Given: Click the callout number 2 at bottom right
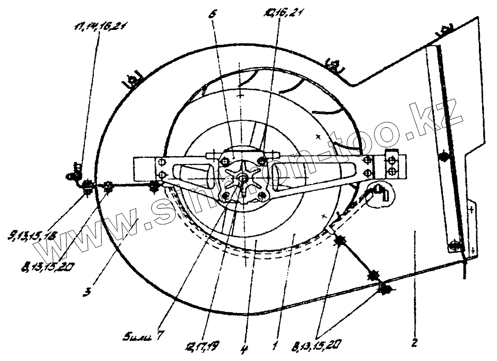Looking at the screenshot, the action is pos(417,342).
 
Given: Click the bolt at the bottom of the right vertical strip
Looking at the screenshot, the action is pos(452,244).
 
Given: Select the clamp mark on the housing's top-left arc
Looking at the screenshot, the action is pos(134,80).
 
